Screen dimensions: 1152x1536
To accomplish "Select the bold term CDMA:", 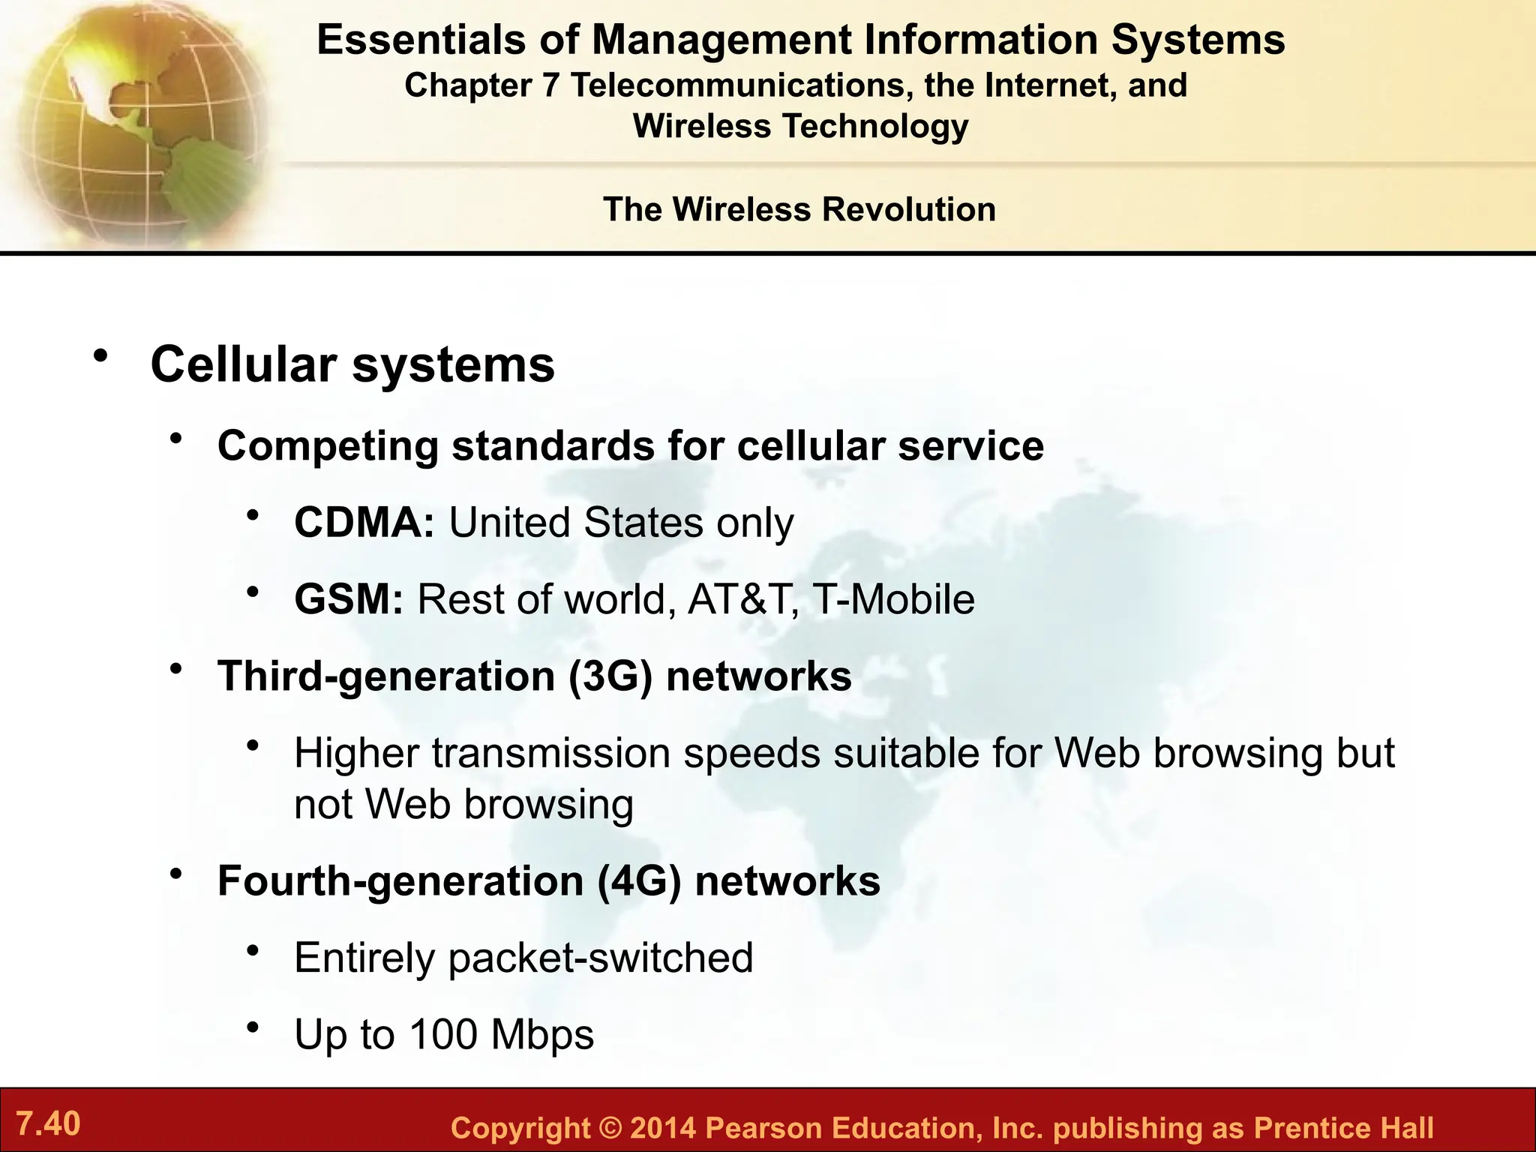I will [x=364, y=523].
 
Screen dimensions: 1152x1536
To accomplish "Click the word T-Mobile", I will [x=893, y=599].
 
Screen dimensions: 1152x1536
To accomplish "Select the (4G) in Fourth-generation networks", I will [x=639, y=880].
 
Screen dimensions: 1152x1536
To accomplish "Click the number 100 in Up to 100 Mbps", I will [x=443, y=1034].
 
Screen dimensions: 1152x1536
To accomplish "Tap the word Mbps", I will [x=542, y=1034].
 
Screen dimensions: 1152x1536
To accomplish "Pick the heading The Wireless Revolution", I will [x=799, y=209].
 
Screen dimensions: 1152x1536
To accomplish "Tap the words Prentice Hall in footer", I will [x=1342, y=1128].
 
